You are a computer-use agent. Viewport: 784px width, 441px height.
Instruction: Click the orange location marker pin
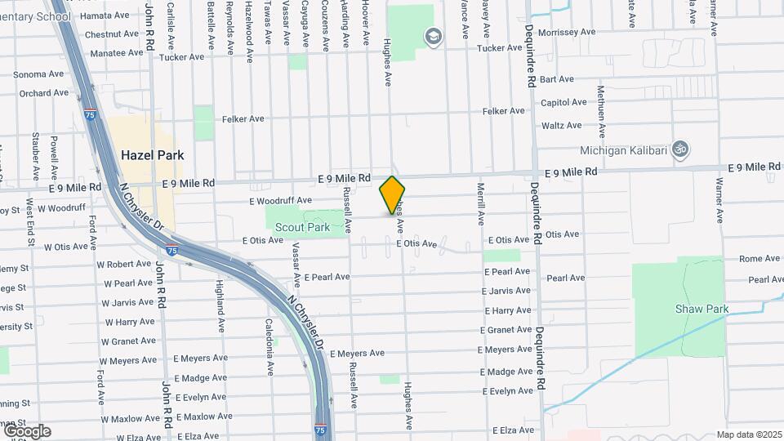[x=392, y=195]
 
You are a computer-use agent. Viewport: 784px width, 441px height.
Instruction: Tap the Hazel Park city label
[x=152, y=154]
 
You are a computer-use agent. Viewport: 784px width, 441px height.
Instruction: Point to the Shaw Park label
[x=696, y=309]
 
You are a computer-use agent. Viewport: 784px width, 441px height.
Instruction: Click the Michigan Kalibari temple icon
[x=679, y=149]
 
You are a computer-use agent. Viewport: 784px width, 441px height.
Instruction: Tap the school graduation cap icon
[x=433, y=36]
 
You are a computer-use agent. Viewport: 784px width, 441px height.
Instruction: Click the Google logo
[x=27, y=431]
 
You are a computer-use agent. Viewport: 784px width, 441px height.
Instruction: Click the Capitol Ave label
[x=563, y=102]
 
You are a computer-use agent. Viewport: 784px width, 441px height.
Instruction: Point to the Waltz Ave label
[x=561, y=125]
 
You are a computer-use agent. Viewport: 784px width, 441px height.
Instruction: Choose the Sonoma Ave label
[x=38, y=73]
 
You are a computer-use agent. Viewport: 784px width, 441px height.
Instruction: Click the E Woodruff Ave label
[x=281, y=200]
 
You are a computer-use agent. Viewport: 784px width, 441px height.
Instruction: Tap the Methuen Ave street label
[x=600, y=111]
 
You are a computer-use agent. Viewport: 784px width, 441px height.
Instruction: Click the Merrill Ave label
[x=480, y=204]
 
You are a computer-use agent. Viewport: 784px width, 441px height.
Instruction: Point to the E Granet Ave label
[x=508, y=330]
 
